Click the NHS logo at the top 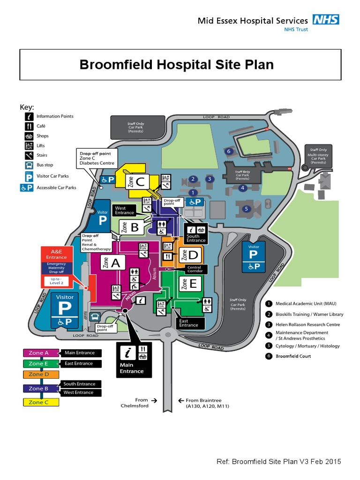[326, 19]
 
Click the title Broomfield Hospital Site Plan [176, 64]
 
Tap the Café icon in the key [29, 126]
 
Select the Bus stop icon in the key [29, 165]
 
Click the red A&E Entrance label [56, 254]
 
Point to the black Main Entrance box [132, 360]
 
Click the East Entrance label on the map [188, 322]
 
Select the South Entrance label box [196, 232]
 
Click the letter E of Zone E [195, 283]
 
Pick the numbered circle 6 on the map [229, 151]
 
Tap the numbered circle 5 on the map [246, 208]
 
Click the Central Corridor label [194, 270]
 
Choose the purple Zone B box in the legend [41, 388]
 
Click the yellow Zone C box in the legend [41, 402]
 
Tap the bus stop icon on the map [96, 316]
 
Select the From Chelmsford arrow [154, 401]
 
